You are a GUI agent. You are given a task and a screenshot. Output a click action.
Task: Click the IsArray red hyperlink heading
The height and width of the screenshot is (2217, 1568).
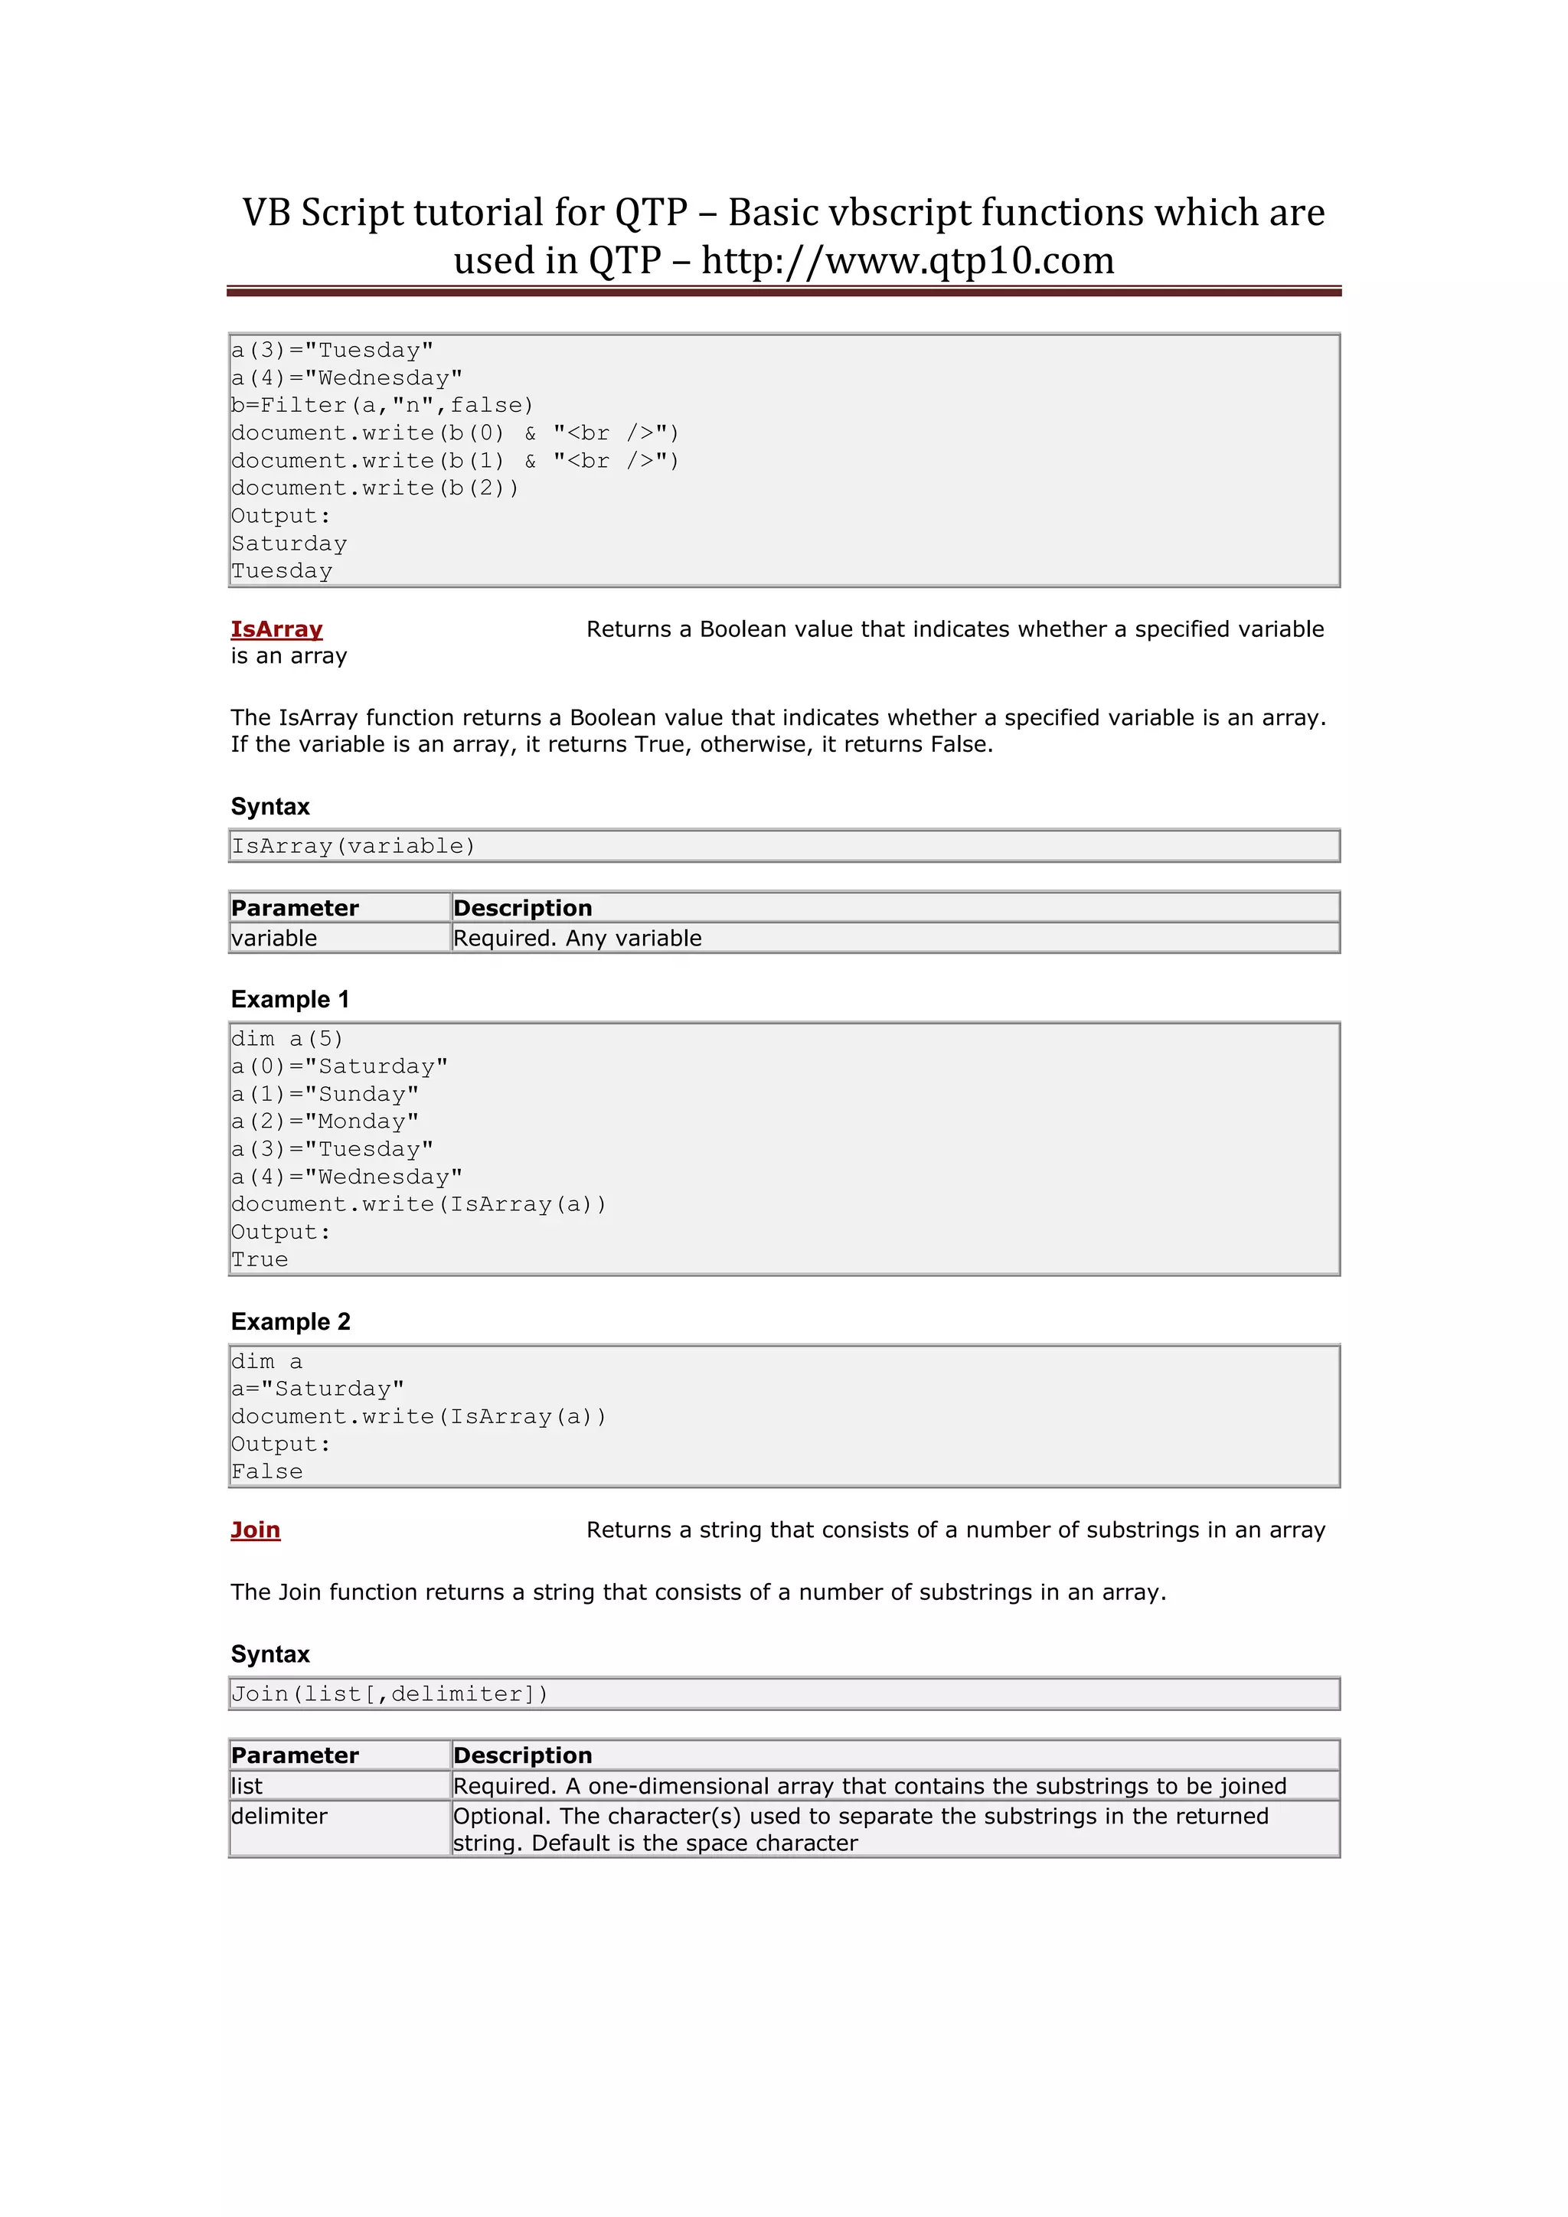click(x=276, y=629)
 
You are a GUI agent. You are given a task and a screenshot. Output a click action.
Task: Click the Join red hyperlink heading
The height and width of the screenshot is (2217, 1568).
click(x=255, y=1530)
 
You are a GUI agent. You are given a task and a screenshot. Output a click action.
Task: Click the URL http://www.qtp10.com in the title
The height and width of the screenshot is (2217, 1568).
click(x=907, y=261)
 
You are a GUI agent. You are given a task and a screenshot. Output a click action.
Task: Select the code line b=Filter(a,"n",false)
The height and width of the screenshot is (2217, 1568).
click(x=381, y=406)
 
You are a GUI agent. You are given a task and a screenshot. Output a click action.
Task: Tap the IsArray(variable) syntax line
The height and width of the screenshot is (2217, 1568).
click(x=354, y=847)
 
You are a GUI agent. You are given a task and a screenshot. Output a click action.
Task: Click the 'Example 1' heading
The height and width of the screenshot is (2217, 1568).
click(x=289, y=999)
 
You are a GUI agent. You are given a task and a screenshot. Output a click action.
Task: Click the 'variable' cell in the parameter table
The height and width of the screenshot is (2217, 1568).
click(x=274, y=939)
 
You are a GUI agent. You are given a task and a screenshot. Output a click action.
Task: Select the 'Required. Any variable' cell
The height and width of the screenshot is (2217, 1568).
click(x=577, y=939)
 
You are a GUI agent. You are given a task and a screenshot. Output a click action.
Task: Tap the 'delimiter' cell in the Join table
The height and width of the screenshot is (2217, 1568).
click(x=279, y=1817)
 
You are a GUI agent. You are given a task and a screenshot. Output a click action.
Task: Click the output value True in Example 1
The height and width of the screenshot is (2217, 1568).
click(x=260, y=1260)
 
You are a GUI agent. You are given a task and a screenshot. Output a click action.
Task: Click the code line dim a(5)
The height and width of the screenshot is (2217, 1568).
click(x=287, y=1039)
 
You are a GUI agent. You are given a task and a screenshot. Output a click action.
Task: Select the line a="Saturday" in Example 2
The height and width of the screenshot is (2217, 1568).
click(x=318, y=1389)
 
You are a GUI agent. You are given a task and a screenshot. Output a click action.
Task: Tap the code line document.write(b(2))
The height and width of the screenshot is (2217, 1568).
click(x=374, y=488)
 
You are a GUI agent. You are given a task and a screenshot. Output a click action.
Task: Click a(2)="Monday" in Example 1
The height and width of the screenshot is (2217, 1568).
click(x=325, y=1122)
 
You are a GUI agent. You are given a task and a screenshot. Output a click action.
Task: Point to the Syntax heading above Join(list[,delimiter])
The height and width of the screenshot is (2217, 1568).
click(x=270, y=1655)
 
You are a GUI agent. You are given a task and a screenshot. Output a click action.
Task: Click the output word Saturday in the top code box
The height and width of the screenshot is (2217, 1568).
click(x=289, y=544)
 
